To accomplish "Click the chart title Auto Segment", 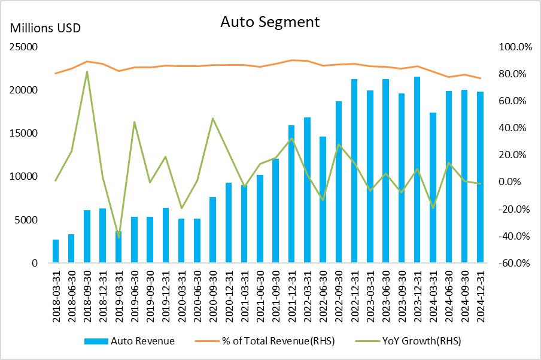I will [270, 22].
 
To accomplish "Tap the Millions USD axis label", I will [45, 28].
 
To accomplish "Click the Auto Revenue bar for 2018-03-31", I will [56, 251].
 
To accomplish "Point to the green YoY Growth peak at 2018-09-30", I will [87, 72].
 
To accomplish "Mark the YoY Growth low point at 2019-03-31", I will [118, 237].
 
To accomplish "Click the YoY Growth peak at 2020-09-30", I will [212, 118].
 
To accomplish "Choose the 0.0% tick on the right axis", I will [513, 182].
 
